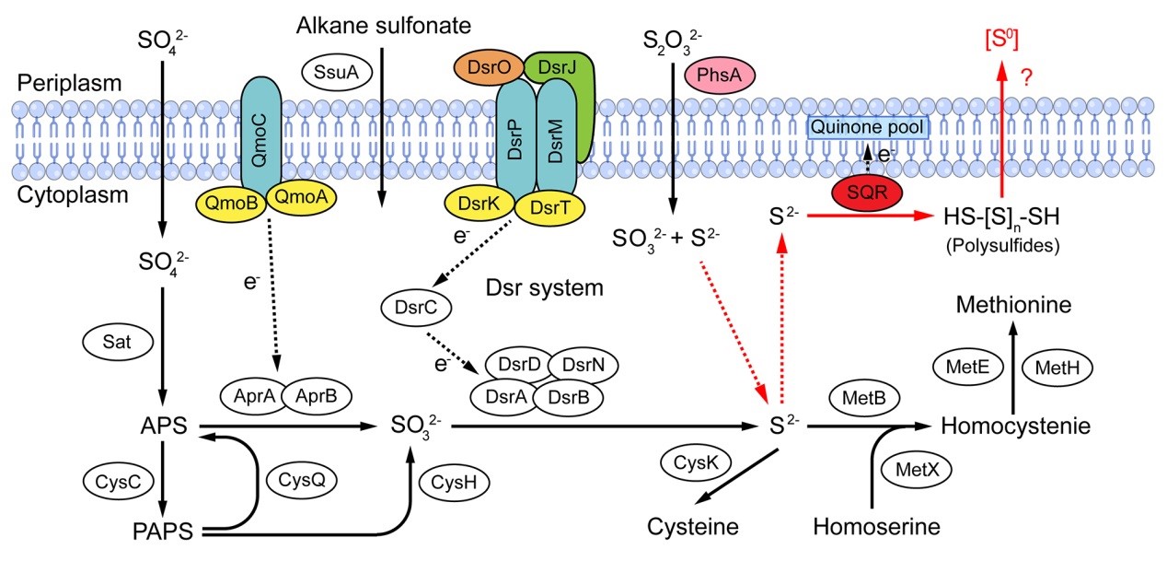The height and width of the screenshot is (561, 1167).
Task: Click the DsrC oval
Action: pos(414,309)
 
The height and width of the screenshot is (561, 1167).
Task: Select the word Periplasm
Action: pos(69,83)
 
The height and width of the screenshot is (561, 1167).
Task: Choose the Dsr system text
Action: pos(543,288)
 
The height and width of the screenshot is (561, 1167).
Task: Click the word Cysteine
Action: pos(693,528)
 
